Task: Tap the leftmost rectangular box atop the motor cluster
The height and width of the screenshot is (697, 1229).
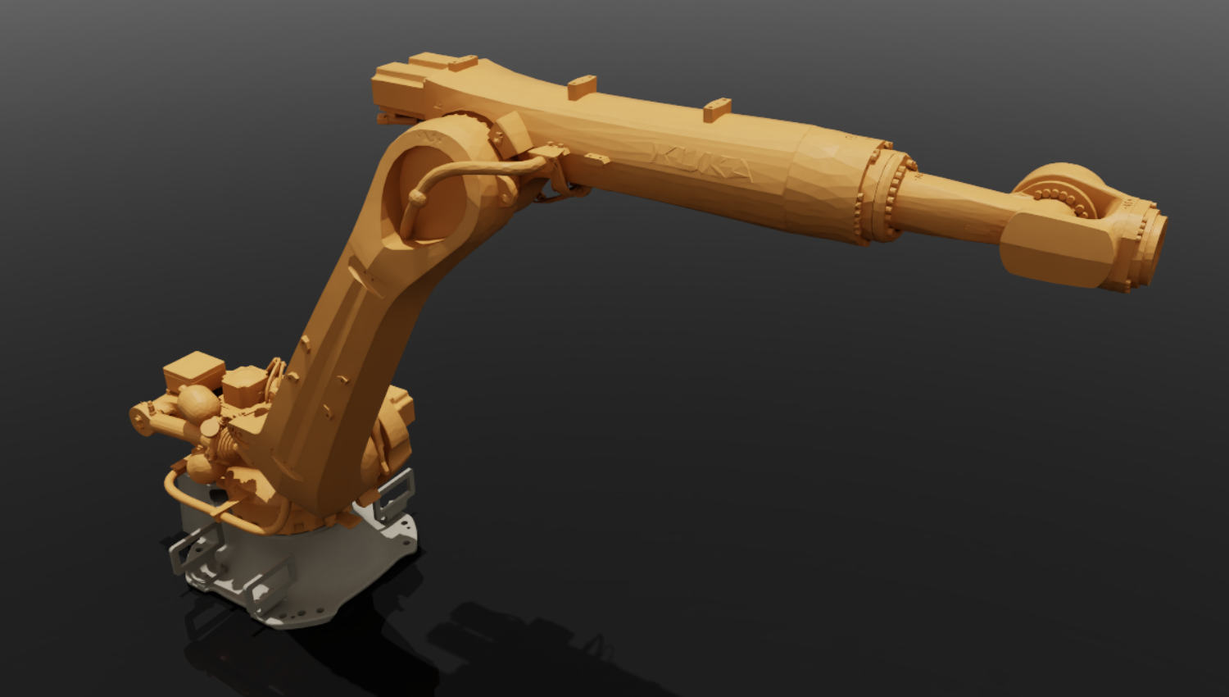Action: [193, 371]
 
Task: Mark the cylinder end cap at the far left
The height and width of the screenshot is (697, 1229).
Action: [140, 418]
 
